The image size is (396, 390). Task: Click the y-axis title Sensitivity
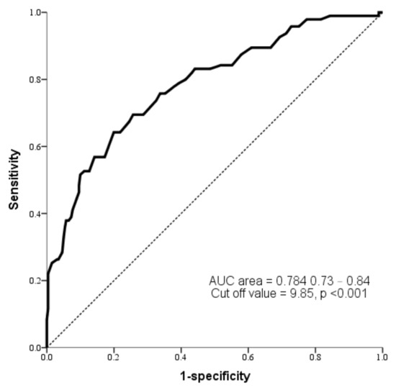[x=14, y=180]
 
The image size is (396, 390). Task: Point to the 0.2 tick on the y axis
[x=34, y=281]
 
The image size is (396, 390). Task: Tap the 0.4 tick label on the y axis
[x=34, y=214]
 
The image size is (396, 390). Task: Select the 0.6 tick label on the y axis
[x=34, y=147]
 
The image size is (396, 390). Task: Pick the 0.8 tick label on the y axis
[x=34, y=80]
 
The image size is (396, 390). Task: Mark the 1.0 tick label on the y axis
[x=34, y=13]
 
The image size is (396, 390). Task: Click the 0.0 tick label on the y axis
[x=34, y=348]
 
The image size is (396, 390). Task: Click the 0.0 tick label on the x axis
[x=47, y=356]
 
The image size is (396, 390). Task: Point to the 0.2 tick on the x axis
[x=114, y=356]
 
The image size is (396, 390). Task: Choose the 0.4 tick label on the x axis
[x=181, y=356]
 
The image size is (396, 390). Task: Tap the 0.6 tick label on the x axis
[x=248, y=356]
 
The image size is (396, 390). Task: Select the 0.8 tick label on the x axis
[x=315, y=356]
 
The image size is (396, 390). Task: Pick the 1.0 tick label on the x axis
[x=382, y=356]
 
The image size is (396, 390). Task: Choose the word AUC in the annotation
[x=219, y=281]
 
